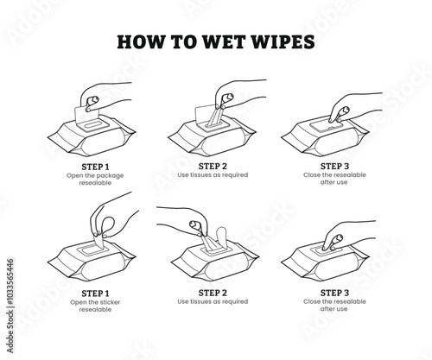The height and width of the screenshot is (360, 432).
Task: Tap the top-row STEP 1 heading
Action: click(x=95, y=167)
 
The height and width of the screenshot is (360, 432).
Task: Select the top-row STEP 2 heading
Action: click(x=213, y=167)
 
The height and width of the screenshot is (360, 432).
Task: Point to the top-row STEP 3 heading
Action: click(x=334, y=167)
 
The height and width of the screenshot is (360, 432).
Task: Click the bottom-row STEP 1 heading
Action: click(x=95, y=294)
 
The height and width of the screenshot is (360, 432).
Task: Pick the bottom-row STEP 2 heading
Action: click(x=213, y=293)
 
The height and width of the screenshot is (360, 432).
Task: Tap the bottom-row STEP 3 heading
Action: click(x=334, y=293)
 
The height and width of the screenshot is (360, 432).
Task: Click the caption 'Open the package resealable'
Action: click(x=95, y=180)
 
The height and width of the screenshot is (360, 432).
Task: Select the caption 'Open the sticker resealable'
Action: click(x=95, y=306)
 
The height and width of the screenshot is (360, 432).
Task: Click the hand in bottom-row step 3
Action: click(x=346, y=235)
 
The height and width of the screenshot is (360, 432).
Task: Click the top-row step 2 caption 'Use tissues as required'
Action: click(x=213, y=175)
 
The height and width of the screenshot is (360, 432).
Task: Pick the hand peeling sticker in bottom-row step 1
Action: click(x=112, y=218)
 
